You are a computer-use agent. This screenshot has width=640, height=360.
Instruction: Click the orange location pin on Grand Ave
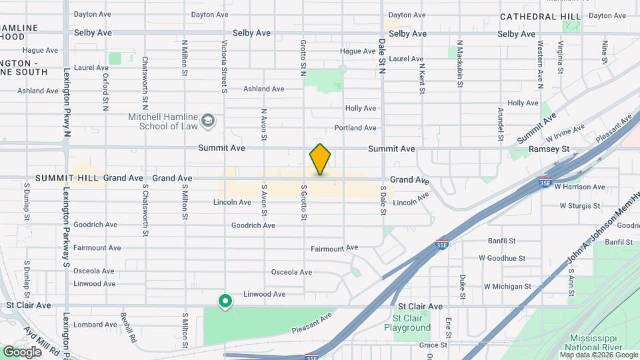[x=321, y=159]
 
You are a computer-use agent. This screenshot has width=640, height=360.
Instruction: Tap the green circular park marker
[x=225, y=302]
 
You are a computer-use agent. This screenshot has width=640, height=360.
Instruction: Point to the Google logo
[x=21, y=351]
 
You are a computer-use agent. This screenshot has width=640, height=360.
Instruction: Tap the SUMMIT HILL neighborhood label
[x=67, y=178]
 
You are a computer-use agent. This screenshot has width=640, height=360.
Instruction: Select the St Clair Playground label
[x=407, y=323]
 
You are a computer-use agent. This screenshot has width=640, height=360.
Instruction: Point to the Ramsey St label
[x=555, y=149]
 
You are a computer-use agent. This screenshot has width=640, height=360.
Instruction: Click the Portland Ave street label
[x=355, y=127]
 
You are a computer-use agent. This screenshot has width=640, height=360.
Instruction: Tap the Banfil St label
[x=502, y=241]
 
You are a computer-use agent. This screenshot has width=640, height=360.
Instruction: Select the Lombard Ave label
[x=95, y=325]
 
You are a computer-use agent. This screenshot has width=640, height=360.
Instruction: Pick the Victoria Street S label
[x=224, y=66]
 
